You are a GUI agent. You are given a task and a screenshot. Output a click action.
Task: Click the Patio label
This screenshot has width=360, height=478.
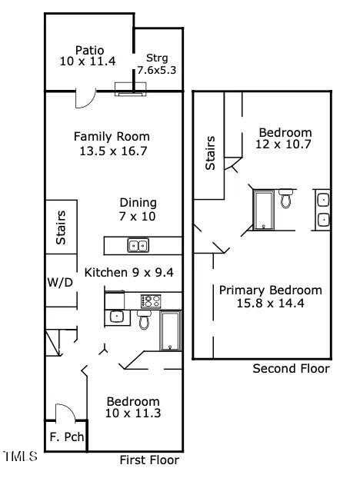(89, 50)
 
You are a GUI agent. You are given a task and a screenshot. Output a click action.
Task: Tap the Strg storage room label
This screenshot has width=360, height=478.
(157, 58)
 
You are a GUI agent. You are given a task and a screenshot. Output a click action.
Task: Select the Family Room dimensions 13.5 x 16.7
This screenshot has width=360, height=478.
(112, 151)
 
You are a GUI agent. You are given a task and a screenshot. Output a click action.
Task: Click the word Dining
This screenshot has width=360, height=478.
(138, 203)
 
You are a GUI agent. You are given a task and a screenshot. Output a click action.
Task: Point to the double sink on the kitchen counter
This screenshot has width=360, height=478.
(138, 246)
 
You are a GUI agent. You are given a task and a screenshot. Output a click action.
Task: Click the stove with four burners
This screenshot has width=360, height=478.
(151, 301)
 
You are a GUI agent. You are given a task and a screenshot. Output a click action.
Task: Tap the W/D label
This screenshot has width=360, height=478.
(59, 282)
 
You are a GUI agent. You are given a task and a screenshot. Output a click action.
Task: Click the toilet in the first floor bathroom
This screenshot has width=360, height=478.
(145, 319)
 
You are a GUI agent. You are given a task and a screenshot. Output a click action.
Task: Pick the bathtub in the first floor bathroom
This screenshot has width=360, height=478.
(170, 330)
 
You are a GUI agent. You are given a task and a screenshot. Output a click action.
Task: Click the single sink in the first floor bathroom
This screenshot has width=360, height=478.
(116, 315)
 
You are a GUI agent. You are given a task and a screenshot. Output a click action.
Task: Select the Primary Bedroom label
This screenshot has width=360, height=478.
(270, 290)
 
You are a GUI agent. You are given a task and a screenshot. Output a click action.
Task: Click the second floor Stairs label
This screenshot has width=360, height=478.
(209, 153)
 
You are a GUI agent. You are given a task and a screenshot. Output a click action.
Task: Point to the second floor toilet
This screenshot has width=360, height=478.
(286, 200)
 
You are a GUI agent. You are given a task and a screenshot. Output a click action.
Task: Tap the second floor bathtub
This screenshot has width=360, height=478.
(264, 210)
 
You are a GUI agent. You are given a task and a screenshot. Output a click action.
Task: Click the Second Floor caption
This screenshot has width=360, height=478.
(291, 369)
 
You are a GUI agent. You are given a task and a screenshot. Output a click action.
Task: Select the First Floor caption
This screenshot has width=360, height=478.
(149, 460)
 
